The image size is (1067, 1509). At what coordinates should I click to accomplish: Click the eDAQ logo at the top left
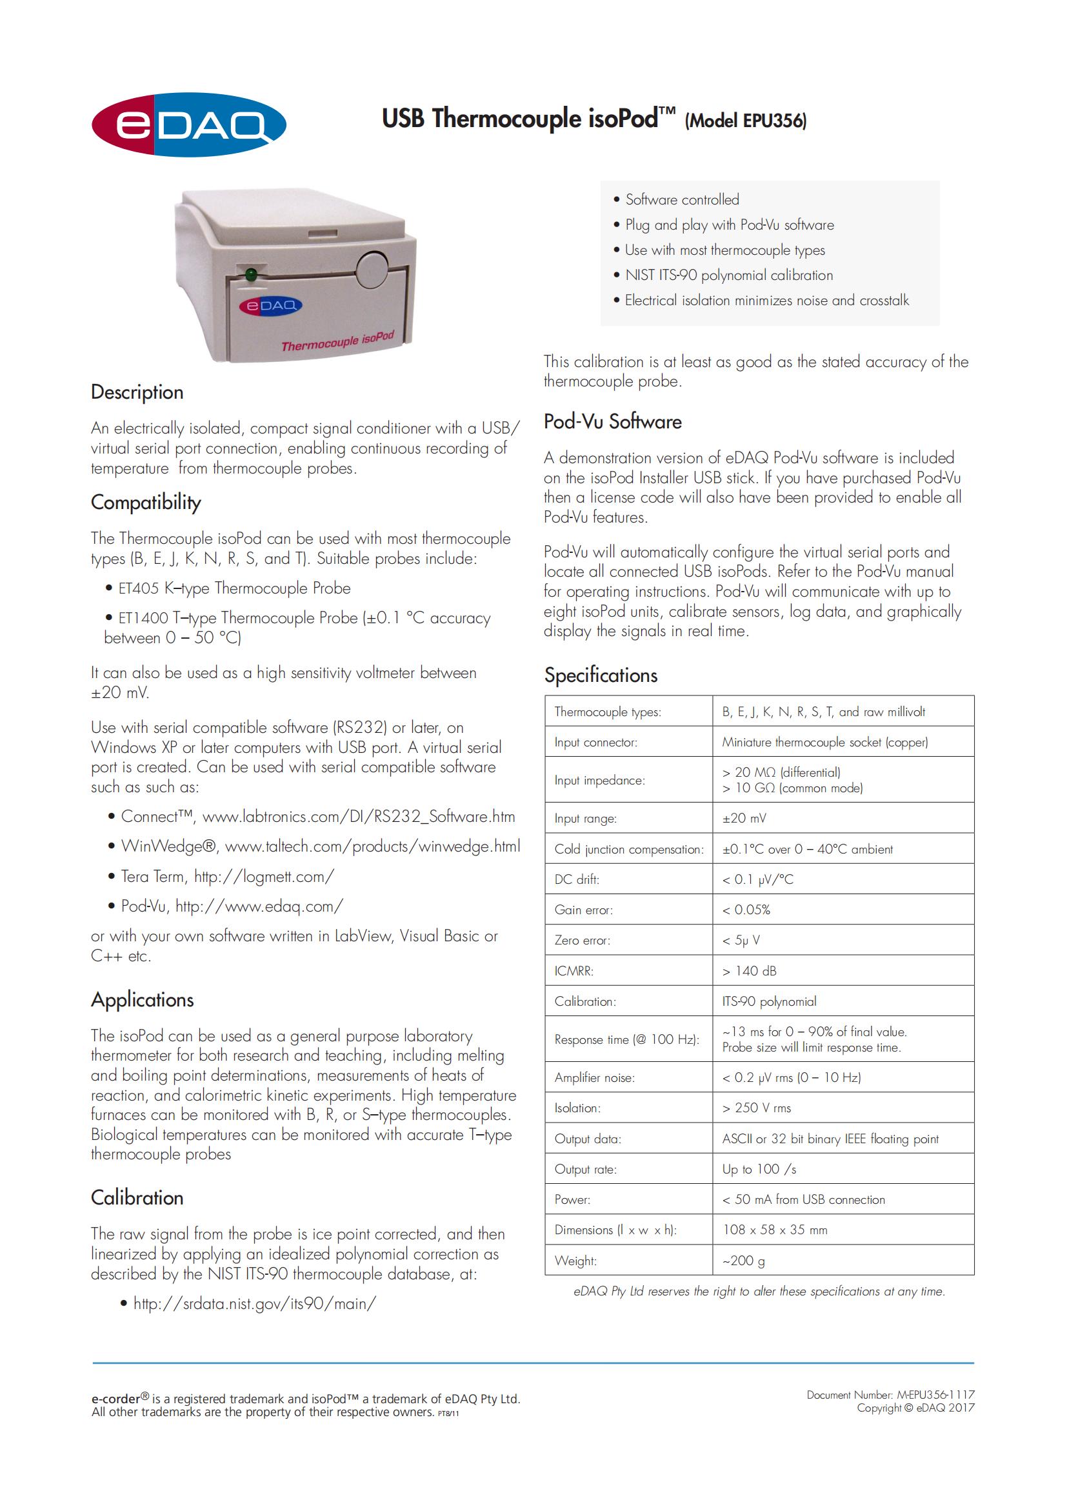coord(188,125)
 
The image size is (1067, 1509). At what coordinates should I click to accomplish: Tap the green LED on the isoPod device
coord(250,275)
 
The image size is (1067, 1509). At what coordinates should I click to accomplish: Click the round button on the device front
coord(372,270)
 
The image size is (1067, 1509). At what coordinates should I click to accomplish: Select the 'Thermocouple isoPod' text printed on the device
coord(337,342)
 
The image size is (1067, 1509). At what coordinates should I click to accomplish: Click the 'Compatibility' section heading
coord(146,503)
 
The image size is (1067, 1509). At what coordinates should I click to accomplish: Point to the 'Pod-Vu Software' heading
coord(612,422)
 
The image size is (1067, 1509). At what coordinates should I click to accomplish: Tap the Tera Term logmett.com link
coord(264,876)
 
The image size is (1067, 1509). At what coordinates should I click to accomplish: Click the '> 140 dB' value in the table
coord(749,971)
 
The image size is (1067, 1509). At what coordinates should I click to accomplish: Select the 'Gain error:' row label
coord(583,910)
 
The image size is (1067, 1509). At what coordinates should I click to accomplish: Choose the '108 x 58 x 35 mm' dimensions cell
coord(775,1230)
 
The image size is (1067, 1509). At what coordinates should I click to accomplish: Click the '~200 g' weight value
coord(744,1261)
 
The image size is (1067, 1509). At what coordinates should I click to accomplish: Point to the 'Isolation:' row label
coord(577,1108)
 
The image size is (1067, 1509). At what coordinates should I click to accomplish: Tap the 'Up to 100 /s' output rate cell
coord(759,1169)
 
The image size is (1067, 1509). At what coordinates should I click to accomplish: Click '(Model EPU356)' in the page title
coord(746,121)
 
